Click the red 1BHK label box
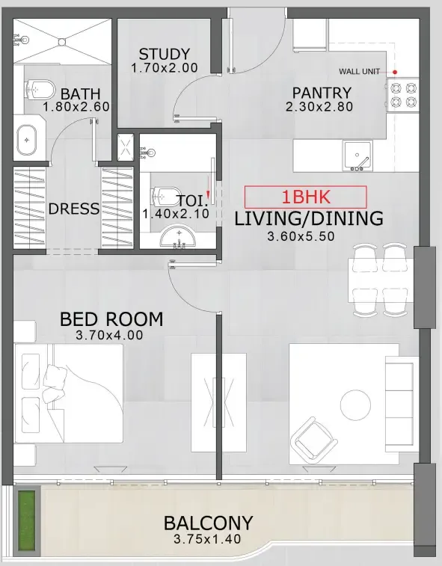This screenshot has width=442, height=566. (x=306, y=197)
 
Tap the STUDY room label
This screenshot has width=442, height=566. (x=164, y=55)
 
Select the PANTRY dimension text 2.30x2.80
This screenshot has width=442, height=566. (x=321, y=107)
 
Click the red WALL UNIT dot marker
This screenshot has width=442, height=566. (x=396, y=72)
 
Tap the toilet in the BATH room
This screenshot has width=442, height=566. (x=38, y=90)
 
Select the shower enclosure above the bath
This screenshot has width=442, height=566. (x=63, y=41)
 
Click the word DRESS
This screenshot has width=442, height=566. (x=74, y=209)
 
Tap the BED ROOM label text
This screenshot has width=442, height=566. (x=111, y=319)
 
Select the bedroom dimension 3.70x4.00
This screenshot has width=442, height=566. (x=109, y=336)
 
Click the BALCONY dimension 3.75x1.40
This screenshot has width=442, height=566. (x=208, y=539)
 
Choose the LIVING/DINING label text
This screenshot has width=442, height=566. (x=308, y=219)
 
